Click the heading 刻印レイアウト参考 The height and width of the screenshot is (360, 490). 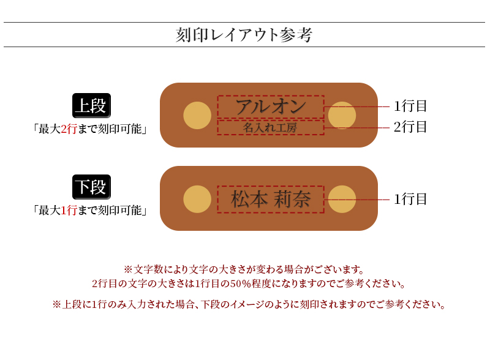[x=244, y=35]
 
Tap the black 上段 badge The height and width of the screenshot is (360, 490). [x=91, y=105]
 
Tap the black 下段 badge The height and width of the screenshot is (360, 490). [x=91, y=187]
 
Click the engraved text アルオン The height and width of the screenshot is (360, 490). [x=270, y=107]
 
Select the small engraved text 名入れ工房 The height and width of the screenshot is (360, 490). [x=270, y=128]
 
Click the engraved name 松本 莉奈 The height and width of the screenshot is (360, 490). [x=270, y=200]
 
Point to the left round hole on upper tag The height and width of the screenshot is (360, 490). [x=197, y=115]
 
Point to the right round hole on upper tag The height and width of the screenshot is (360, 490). [x=342, y=115]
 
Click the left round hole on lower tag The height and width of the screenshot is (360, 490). [x=197, y=199]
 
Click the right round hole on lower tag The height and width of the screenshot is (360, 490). [x=342, y=199]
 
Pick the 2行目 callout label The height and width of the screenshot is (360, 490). [x=410, y=127]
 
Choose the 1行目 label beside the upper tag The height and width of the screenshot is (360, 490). [x=410, y=107]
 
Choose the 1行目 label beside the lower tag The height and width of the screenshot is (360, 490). [x=410, y=199]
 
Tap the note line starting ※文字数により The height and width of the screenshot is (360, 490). [x=244, y=269]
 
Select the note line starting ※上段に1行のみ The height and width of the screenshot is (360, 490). [x=248, y=304]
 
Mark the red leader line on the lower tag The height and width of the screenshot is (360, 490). [x=367, y=199]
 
